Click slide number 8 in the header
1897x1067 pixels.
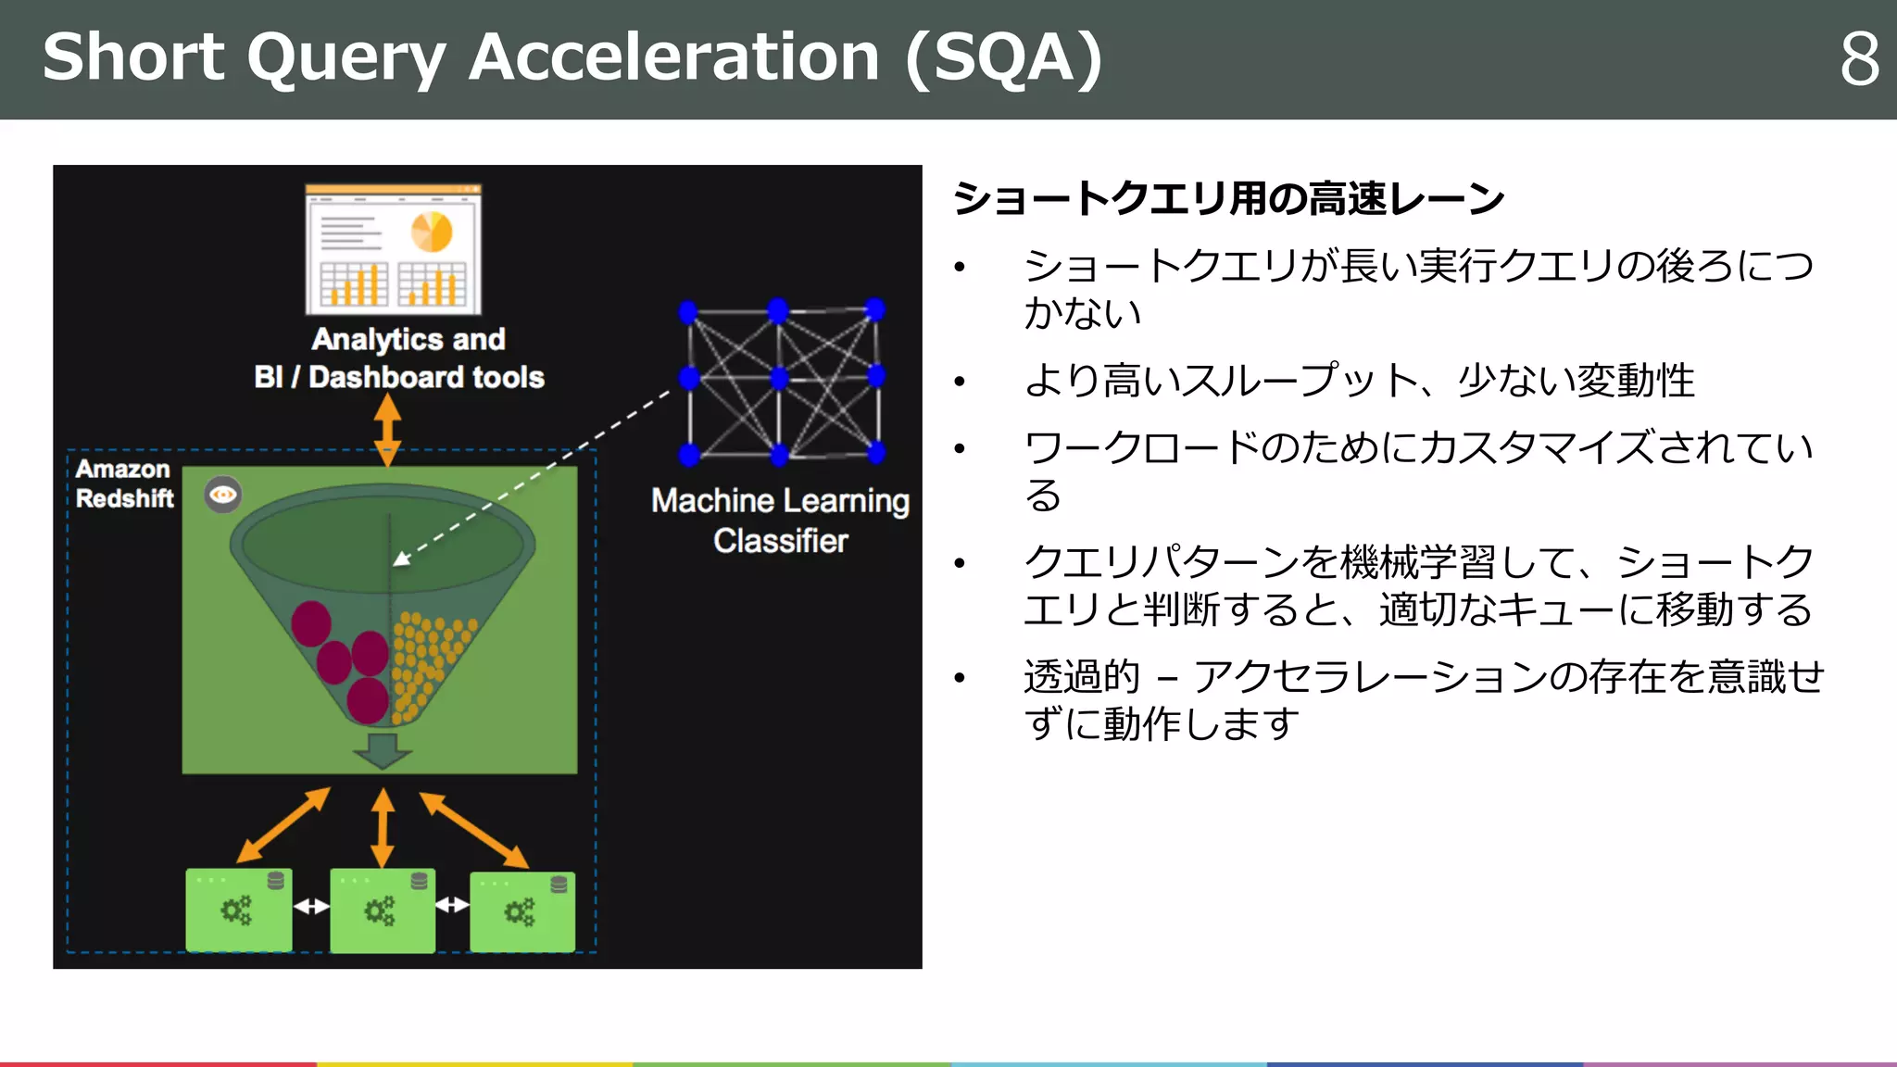(1859, 59)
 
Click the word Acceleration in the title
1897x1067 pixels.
(673, 57)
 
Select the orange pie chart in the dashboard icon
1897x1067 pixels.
(431, 232)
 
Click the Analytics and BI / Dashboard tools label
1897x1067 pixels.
(400, 358)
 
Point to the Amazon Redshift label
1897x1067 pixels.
(124, 483)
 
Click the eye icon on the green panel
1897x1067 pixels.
(223, 495)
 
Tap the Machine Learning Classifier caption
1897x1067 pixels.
(780, 521)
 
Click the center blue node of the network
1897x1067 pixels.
(779, 377)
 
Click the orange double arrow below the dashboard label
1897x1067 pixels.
(387, 430)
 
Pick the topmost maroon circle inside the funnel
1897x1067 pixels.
(311, 623)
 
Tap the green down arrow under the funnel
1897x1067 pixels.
(382, 749)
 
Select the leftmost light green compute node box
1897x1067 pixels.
(238, 910)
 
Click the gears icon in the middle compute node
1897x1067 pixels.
(379, 911)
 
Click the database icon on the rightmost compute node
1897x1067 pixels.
(559, 885)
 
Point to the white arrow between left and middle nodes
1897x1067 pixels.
(311, 906)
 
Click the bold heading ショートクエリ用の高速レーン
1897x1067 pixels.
(1228, 198)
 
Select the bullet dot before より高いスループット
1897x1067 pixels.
(960, 382)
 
